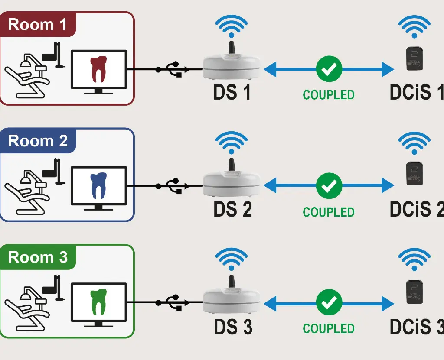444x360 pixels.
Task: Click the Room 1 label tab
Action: pos(38,24)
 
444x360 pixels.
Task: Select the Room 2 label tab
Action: pos(38,141)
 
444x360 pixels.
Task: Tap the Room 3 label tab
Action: pos(38,257)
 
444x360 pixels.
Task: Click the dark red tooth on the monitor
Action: pos(99,69)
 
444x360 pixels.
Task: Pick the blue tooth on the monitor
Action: pos(99,185)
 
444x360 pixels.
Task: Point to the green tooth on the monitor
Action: pos(99,302)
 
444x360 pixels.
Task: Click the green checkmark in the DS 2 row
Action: pos(329,185)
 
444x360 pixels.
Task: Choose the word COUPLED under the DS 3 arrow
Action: pos(329,328)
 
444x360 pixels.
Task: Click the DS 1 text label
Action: pos(232,93)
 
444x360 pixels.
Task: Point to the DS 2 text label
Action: pos(232,209)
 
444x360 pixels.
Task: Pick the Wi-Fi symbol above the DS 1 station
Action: pos(232,26)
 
